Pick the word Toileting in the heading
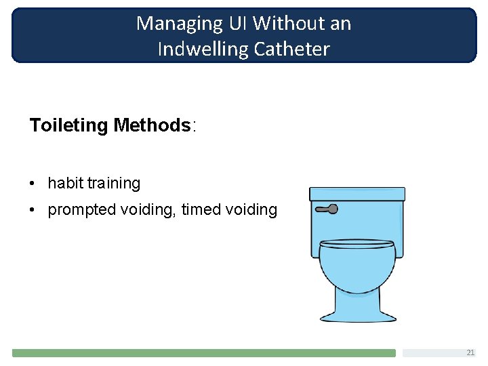pos(68,125)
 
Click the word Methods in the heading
pos(152,125)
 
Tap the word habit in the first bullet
pos(65,183)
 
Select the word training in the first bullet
pos(114,184)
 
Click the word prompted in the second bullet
pos(81,210)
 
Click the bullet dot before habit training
pos(33,184)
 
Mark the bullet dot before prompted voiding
pos(33,210)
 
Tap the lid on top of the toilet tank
pos(357,194)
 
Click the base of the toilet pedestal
pos(358,316)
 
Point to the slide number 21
pos(470,352)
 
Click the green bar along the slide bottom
pos(203,353)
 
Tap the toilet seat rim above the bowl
pos(357,243)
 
